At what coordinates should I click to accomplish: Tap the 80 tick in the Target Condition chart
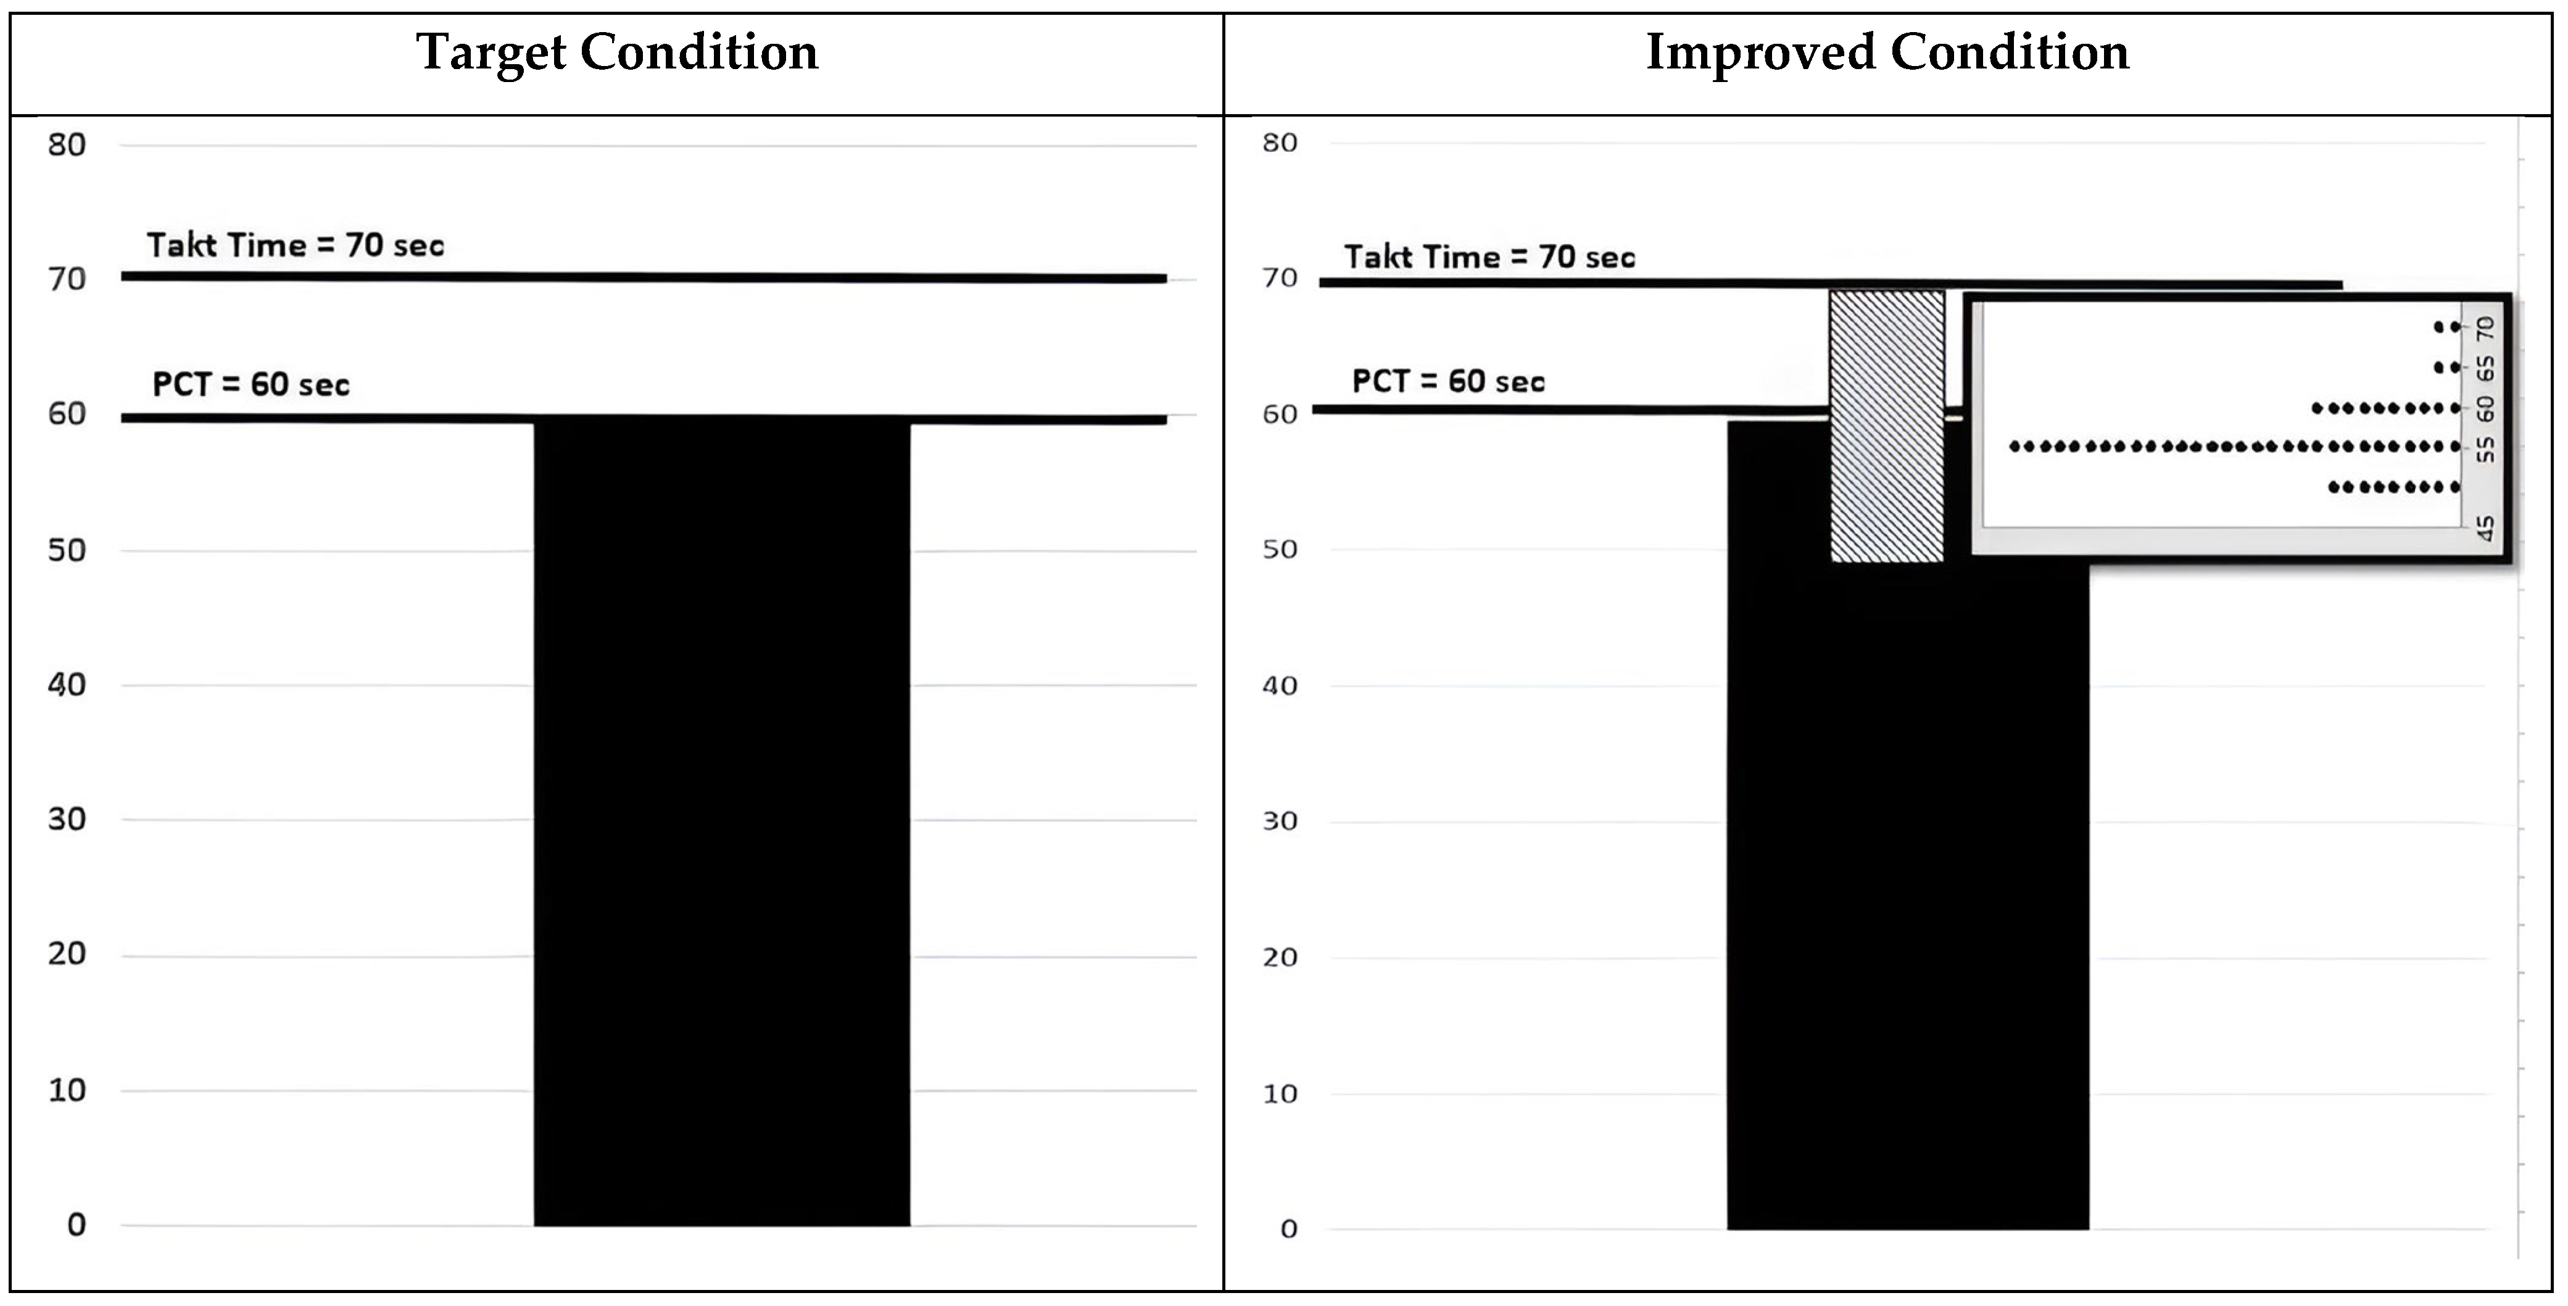click(67, 146)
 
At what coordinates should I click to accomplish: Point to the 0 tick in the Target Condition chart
click(77, 1225)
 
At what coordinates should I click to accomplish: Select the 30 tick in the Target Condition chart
click(67, 819)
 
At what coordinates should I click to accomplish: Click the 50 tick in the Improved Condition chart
click(1280, 549)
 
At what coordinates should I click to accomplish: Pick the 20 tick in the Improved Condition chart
click(1280, 958)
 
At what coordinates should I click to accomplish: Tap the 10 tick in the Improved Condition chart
click(1280, 1094)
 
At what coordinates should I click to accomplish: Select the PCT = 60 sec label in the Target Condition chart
click(251, 385)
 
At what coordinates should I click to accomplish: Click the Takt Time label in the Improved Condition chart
click(1489, 257)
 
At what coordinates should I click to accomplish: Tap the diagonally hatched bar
click(1887, 427)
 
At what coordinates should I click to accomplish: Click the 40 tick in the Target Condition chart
click(67, 685)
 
